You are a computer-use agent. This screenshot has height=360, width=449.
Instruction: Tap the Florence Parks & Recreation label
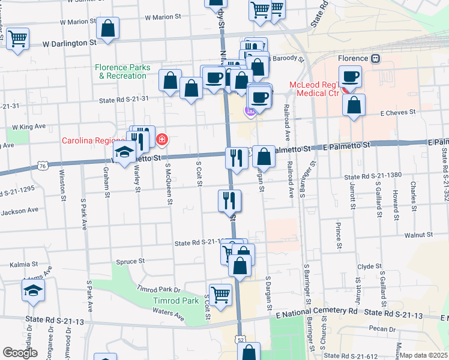point(122,72)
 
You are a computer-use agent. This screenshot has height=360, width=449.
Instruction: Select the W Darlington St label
point(69,43)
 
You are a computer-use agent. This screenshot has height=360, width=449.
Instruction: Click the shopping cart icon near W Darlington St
point(17,39)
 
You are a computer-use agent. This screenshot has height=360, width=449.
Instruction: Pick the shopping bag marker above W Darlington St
point(107,28)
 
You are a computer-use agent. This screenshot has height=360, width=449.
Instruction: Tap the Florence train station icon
point(376,58)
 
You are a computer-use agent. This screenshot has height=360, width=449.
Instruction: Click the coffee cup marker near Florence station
point(351,77)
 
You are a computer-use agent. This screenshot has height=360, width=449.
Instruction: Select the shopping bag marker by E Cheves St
point(354,104)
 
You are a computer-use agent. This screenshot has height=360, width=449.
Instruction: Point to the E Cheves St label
point(398,112)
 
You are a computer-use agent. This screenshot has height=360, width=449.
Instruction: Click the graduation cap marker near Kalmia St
point(34,292)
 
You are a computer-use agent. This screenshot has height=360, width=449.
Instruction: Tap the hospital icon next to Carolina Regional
point(162,140)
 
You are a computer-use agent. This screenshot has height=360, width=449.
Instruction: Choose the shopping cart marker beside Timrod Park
point(220,294)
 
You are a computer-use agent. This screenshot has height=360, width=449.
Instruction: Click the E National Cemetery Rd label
point(316,311)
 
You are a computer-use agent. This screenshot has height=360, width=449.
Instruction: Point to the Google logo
point(20,353)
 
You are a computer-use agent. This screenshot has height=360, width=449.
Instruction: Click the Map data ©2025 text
point(423,355)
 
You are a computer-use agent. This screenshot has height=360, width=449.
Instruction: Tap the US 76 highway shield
point(41,165)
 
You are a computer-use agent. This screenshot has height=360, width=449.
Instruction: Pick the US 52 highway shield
point(240,340)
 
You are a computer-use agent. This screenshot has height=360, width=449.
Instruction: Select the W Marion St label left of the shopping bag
point(77,22)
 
